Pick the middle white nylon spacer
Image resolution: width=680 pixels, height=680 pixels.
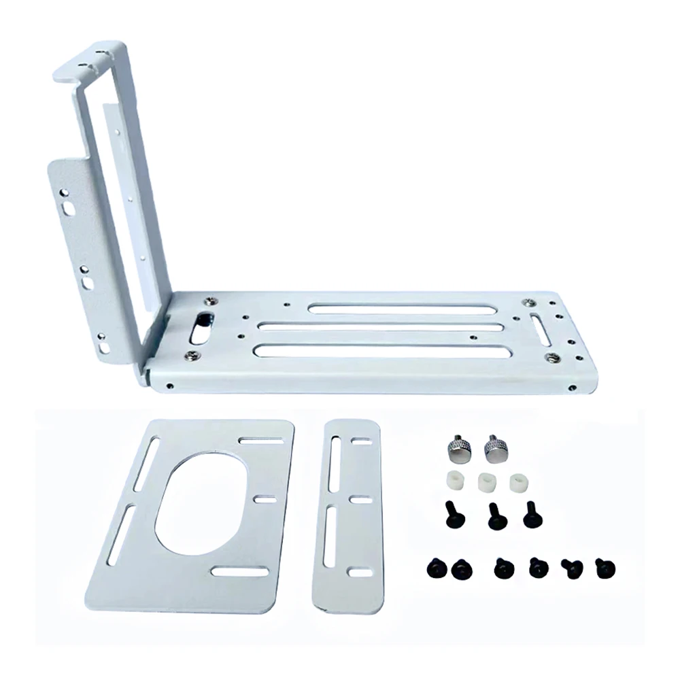point(486,481)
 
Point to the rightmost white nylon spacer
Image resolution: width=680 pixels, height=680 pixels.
point(520,481)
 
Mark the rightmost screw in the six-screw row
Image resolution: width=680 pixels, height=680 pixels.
point(602,566)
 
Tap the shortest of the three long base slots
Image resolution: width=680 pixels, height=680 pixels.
point(401,309)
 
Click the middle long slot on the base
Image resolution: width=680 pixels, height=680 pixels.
point(381,327)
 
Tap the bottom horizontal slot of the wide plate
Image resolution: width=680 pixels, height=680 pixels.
point(239,572)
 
